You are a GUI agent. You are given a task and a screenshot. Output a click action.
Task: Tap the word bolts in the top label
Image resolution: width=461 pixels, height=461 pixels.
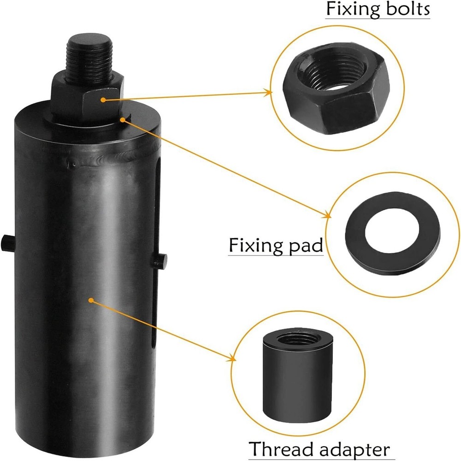pos(406,9)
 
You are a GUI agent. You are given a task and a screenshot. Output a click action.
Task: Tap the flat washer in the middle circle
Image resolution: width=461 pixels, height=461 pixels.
pos(392,234)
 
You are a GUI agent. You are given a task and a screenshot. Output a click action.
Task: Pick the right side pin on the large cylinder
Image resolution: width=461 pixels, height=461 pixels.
pos(160,260)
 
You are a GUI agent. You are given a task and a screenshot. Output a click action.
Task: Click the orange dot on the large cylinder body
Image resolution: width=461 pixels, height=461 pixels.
pos(91,300)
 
